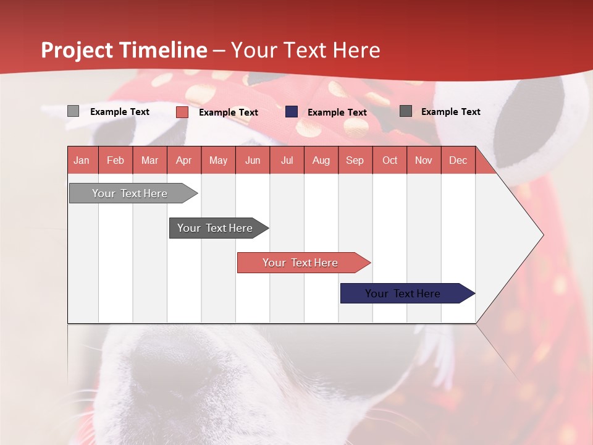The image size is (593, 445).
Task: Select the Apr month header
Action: (x=184, y=160)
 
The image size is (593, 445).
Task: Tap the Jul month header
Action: (x=287, y=160)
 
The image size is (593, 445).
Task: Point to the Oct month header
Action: (x=390, y=160)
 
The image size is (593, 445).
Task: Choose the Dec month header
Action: (x=458, y=160)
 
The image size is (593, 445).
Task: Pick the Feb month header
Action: (x=116, y=160)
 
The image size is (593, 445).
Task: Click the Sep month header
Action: (x=355, y=160)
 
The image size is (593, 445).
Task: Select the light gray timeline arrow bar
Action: (x=133, y=193)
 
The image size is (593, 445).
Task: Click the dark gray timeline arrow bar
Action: (x=219, y=228)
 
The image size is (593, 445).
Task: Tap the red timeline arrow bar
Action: (x=304, y=263)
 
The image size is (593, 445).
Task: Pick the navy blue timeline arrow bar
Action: (x=408, y=293)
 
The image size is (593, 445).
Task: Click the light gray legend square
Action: (x=73, y=111)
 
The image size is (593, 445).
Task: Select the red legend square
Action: (x=182, y=112)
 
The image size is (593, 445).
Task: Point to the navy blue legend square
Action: (x=291, y=112)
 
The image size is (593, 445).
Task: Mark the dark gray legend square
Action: (x=406, y=111)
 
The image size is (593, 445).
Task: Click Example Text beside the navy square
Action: (x=337, y=112)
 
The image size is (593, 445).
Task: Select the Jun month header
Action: (x=253, y=160)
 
